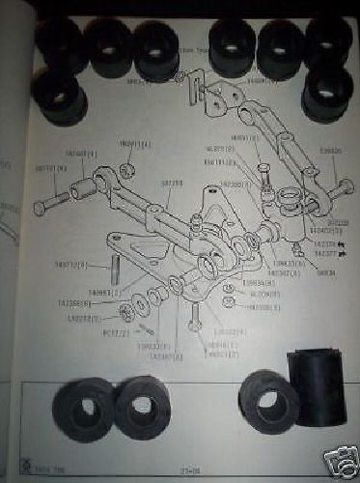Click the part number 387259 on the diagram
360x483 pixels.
point(174,181)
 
